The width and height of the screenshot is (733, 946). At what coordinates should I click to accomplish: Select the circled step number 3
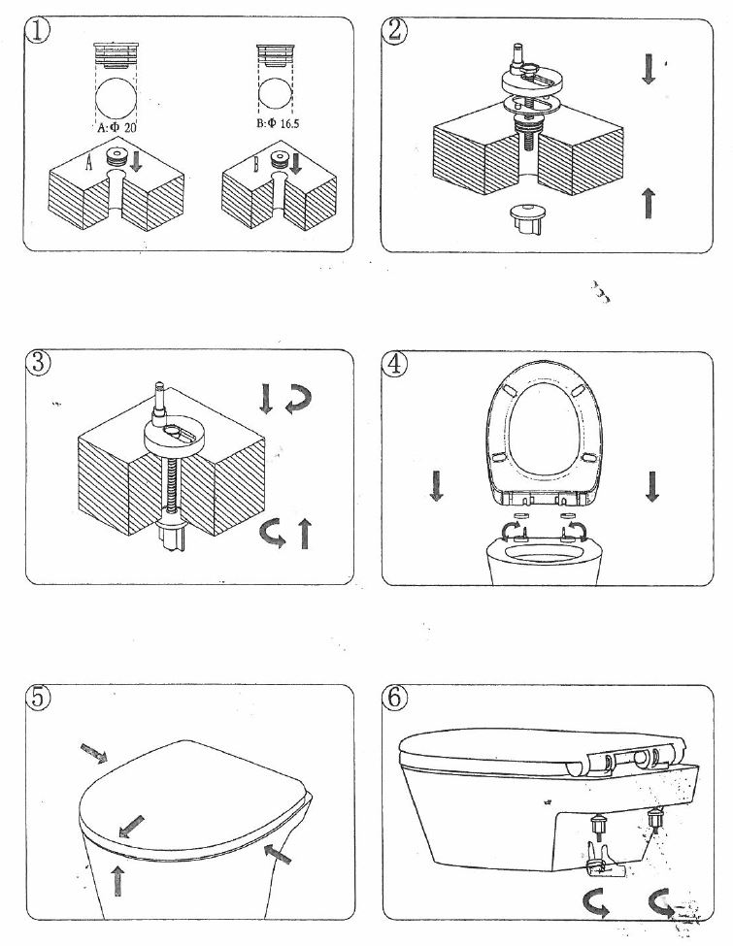(37, 364)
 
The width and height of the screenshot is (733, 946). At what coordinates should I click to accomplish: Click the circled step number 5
(37, 699)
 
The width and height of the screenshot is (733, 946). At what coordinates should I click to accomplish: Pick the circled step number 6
(396, 699)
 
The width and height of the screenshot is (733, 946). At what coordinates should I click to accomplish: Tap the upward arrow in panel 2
(649, 203)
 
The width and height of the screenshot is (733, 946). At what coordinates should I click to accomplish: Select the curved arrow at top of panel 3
(295, 398)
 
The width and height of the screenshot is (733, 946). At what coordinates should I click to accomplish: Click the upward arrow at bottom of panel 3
(306, 534)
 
